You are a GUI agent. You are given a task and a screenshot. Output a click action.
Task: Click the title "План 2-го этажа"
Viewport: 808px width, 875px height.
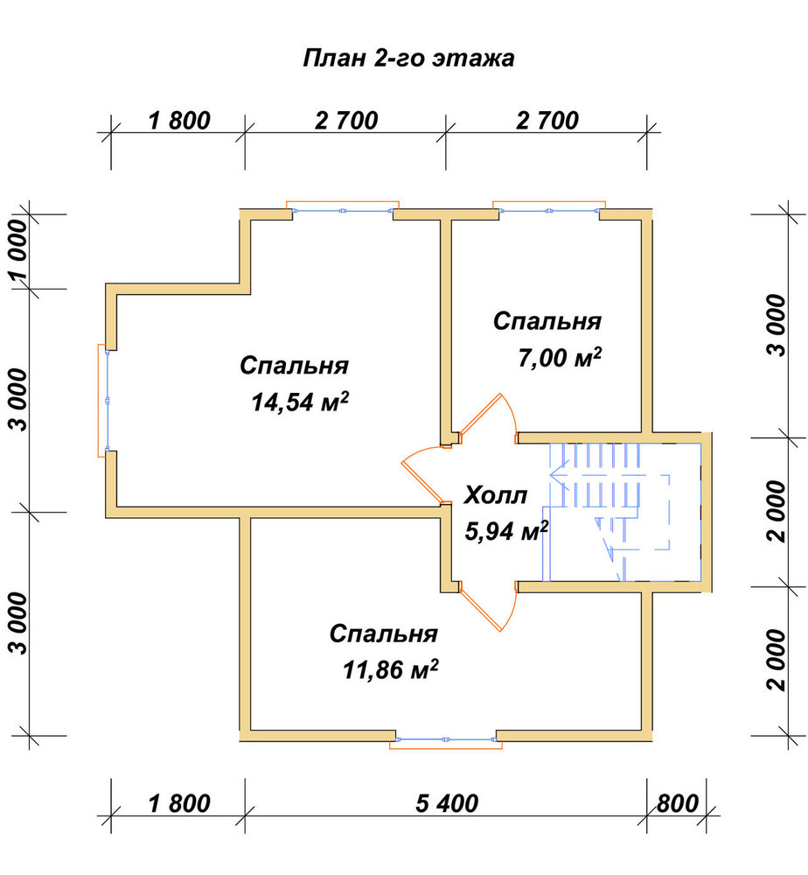[408, 58]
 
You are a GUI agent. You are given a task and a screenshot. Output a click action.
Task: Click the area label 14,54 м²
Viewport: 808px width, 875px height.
[300, 402]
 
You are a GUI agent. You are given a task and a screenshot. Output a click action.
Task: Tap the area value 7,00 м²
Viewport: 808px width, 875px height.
[560, 357]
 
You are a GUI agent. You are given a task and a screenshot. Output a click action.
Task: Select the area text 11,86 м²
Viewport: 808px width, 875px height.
[390, 669]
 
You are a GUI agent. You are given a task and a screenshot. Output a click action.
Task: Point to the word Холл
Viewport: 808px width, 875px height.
[496, 495]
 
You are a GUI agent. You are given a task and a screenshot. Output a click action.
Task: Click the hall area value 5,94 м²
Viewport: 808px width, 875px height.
[506, 531]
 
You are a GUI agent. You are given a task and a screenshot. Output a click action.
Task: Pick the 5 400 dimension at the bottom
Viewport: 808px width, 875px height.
[447, 803]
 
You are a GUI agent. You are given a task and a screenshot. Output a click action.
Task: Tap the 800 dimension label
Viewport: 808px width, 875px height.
[677, 803]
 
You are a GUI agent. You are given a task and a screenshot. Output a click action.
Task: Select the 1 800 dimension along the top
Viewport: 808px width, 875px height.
[179, 121]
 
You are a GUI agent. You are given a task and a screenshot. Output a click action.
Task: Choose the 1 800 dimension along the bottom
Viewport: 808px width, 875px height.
[179, 803]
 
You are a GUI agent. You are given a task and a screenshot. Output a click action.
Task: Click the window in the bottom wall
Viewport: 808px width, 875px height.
[446, 740]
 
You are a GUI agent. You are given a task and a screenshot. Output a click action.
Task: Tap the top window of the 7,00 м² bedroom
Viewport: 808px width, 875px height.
[549, 210]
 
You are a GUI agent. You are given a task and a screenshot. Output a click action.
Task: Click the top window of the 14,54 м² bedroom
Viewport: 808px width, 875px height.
[343, 210]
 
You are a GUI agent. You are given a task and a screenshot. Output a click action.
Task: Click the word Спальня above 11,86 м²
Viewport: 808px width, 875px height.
[384, 633]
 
